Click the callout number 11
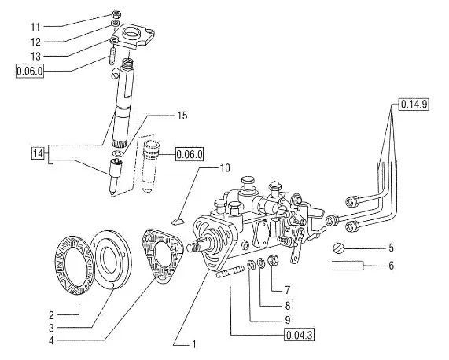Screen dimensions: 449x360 (35, 27)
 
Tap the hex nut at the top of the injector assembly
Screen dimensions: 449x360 (116, 14)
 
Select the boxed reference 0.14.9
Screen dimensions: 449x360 (414, 105)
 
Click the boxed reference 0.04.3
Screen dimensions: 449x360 (299, 335)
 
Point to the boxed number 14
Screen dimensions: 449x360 (38, 153)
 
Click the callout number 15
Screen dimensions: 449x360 (182, 116)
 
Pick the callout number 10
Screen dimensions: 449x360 (225, 167)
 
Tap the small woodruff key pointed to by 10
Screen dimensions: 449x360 (178, 221)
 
